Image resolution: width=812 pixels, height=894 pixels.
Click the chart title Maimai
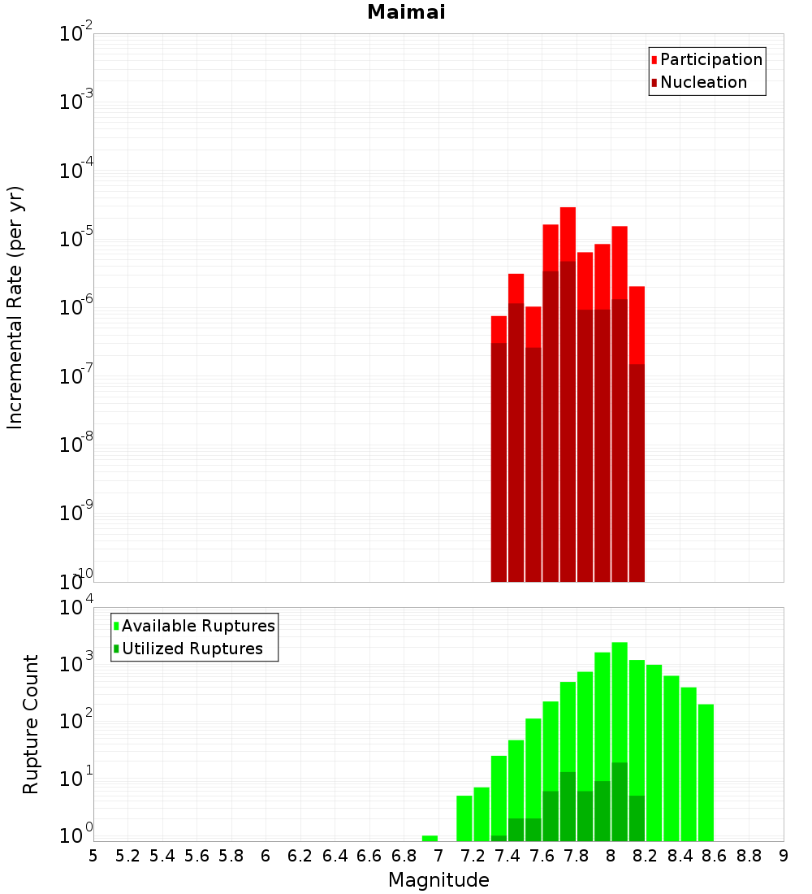[x=406, y=13]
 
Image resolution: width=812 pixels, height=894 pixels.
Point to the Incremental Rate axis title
[x=15, y=308]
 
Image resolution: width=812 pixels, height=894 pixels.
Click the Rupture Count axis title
[x=31, y=724]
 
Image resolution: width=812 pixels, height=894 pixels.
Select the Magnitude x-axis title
[x=438, y=880]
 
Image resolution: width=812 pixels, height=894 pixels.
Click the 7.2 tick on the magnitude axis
[x=473, y=856]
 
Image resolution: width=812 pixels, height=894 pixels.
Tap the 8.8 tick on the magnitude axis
[x=749, y=856]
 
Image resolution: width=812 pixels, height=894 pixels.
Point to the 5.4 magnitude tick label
[x=162, y=856]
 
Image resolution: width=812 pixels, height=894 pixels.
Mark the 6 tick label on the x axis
[x=266, y=856]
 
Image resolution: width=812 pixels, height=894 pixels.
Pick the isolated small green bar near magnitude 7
[x=430, y=838]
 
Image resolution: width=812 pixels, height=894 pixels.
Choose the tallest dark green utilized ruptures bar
[x=620, y=801]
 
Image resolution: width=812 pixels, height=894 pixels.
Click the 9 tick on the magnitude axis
[x=784, y=856]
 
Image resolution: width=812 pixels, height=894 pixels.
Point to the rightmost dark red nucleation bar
[x=637, y=471]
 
